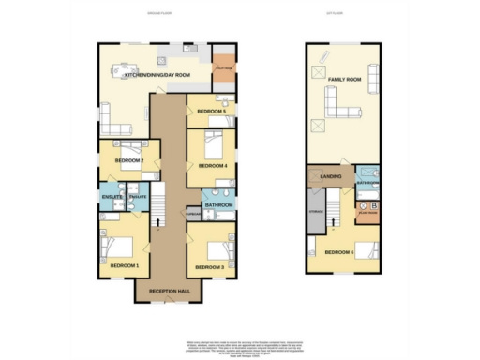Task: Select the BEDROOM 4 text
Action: point(212,166)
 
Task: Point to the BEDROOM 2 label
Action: point(129,160)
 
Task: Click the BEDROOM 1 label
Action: point(125,266)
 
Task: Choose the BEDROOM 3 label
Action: point(210,267)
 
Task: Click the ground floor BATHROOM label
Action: point(218,204)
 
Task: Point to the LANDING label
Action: point(331,175)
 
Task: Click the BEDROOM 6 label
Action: point(338,252)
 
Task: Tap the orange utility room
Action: point(222,67)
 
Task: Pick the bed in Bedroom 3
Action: point(216,250)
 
